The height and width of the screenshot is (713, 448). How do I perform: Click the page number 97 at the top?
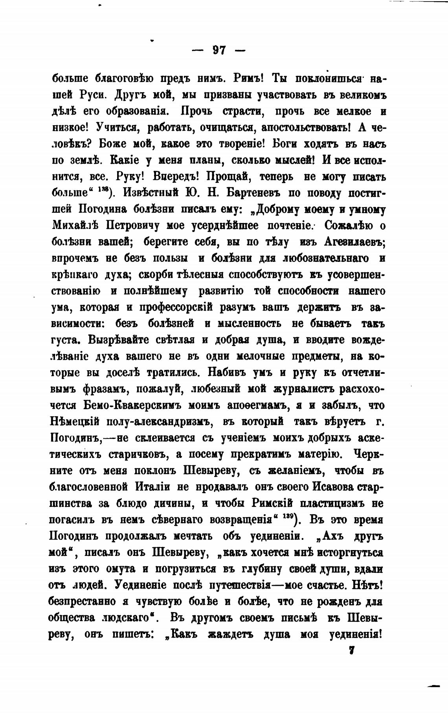coord(219,51)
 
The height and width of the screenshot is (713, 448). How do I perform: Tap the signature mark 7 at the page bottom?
coord(352,650)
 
